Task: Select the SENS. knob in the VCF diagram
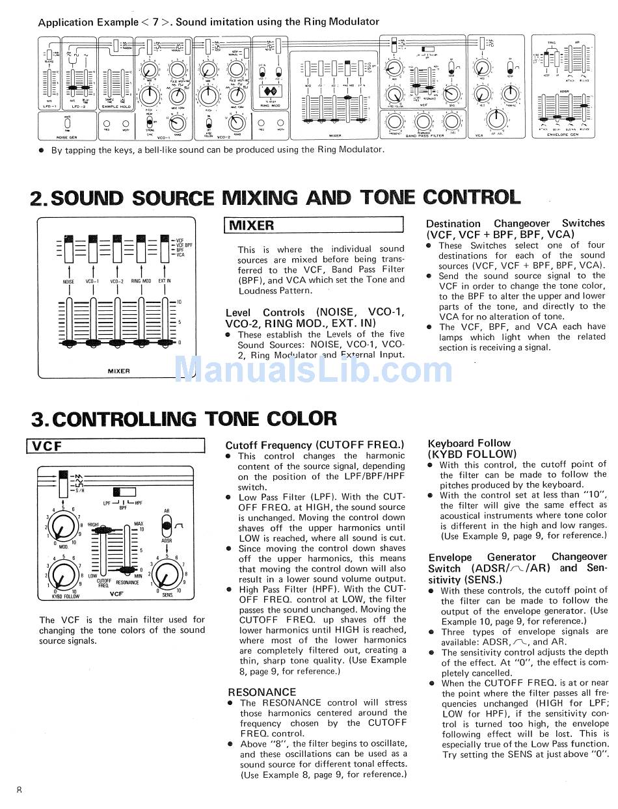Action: pos(168,574)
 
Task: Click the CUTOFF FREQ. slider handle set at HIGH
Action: pos(102,531)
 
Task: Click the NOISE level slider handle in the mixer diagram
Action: pos(68,342)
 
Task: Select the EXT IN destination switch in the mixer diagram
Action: pos(165,250)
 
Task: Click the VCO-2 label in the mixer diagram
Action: pos(117,282)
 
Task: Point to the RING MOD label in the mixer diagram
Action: pos(141,282)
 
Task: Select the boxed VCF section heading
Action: pos(47,446)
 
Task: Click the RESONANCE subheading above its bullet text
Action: pos(262,692)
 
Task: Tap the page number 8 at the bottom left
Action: pos(20,789)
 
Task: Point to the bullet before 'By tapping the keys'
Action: pos(42,150)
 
